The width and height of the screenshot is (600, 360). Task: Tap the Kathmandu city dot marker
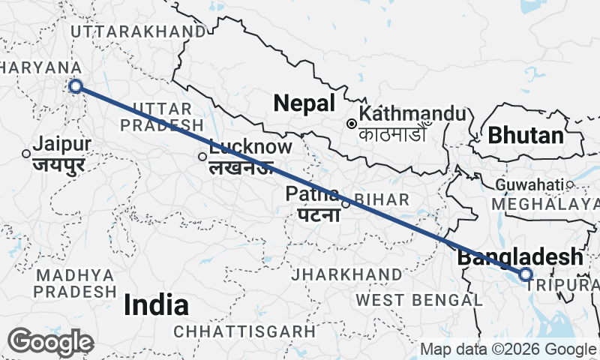pyautogui.click(x=351, y=123)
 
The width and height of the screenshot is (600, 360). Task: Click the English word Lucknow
pyautogui.click(x=250, y=147)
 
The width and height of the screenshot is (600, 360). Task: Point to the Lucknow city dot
pyautogui.click(x=202, y=157)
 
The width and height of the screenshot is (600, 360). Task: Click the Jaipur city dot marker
pyautogui.click(x=26, y=153)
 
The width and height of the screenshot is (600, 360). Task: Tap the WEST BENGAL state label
pyautogui.click(x=418, y=300)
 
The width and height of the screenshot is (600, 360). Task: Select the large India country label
pyautogui.click(x=156, y=304)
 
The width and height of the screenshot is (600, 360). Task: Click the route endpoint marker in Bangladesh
pyautogui.click(x=526, y=274)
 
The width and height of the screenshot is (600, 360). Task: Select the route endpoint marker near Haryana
pyautogui.click(x=75, y=86)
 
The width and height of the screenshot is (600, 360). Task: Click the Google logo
pyautogui.click(x=51, y=342)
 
